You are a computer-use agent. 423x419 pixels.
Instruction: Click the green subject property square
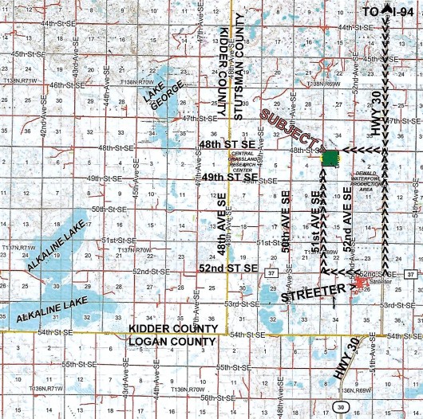click(329, 157)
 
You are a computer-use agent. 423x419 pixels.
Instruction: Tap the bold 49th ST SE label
click(229, 177)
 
